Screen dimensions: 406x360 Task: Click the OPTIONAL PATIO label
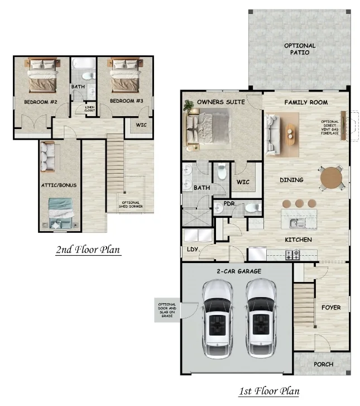[300, 49]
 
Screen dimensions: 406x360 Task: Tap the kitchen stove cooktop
[294, 254]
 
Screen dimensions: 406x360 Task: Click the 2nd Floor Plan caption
[88, 250]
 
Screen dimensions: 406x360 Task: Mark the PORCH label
[323, 364]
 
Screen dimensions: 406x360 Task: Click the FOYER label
[331, 308]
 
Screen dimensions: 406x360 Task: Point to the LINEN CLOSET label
[89, 108]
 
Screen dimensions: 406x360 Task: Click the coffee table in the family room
[292, 132]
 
